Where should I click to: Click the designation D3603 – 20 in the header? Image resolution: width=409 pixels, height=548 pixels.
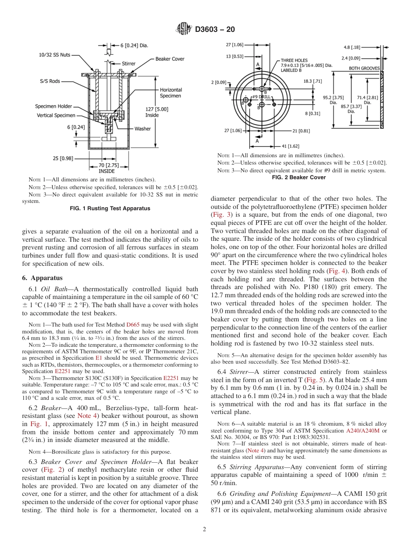(x=215, y=29)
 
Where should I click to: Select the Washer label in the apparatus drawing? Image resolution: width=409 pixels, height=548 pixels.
(x=143, y=128)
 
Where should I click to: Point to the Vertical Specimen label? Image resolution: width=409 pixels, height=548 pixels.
(x=56, y=115)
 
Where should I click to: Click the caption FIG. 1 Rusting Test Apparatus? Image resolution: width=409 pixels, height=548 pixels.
(x=110, y=209)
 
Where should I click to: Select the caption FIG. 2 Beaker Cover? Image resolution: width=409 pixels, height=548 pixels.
(x=300, y=177)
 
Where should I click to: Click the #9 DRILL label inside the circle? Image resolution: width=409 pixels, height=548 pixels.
(x=261, y=97)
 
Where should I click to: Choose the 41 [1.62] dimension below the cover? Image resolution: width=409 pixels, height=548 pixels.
(x=290, y=146)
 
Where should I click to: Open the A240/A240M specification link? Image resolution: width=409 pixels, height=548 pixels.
(x=360, y=430)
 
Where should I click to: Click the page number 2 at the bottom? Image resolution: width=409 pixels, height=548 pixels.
(x=204, y=529)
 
